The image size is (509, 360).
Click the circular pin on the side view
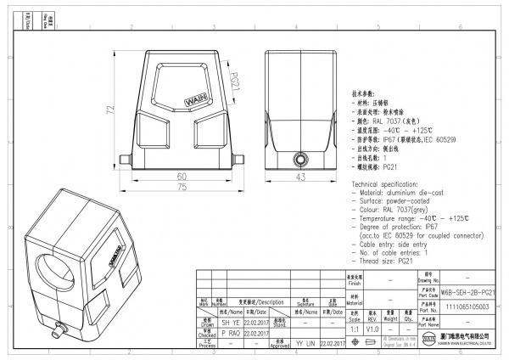[x=299, y=160]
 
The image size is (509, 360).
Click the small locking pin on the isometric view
[x=60, y=326]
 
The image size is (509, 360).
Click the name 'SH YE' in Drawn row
[x=231, y=323]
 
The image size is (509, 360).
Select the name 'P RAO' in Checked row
[x=231, y=334]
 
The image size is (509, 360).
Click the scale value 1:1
[x=353, y=328]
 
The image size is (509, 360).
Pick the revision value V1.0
[x=372, y=328]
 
